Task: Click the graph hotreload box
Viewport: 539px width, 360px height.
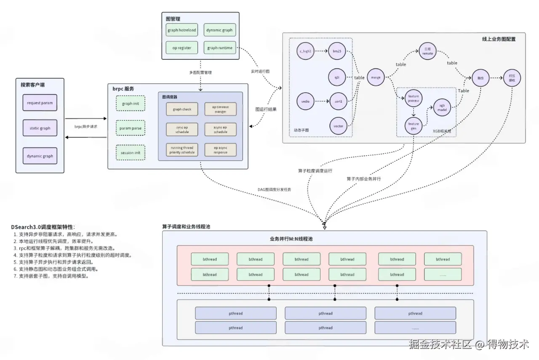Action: click(181, 30)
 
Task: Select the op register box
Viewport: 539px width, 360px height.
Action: click(181, 48)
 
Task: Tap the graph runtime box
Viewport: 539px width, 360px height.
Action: click(219, 48)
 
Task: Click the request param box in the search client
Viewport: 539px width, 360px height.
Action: click(40, 103)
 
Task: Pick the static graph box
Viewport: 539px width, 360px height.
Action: click(40, 128)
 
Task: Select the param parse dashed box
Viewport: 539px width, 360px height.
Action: click(130, 128)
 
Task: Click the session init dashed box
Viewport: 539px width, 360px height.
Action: click(130, 152)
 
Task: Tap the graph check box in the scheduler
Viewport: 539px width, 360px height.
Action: click(181, 109)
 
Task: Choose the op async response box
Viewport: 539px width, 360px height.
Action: click(220, 150)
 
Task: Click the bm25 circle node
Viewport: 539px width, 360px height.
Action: click(337, 51)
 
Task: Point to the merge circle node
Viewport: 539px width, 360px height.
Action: click(376, 77)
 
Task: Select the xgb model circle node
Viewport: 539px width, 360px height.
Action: click(442, 107)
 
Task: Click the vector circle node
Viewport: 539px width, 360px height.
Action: click(338, 126)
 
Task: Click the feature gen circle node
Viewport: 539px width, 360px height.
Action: click(414, 126)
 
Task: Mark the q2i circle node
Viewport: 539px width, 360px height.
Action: click(337, 77)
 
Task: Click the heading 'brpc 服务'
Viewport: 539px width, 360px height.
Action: click(123, 89)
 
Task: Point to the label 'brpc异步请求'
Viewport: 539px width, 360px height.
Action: click(86, 126)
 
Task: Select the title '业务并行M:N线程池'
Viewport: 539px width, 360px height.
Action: click(291, 239)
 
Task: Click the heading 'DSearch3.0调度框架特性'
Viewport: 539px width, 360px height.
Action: click(43, 227)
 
